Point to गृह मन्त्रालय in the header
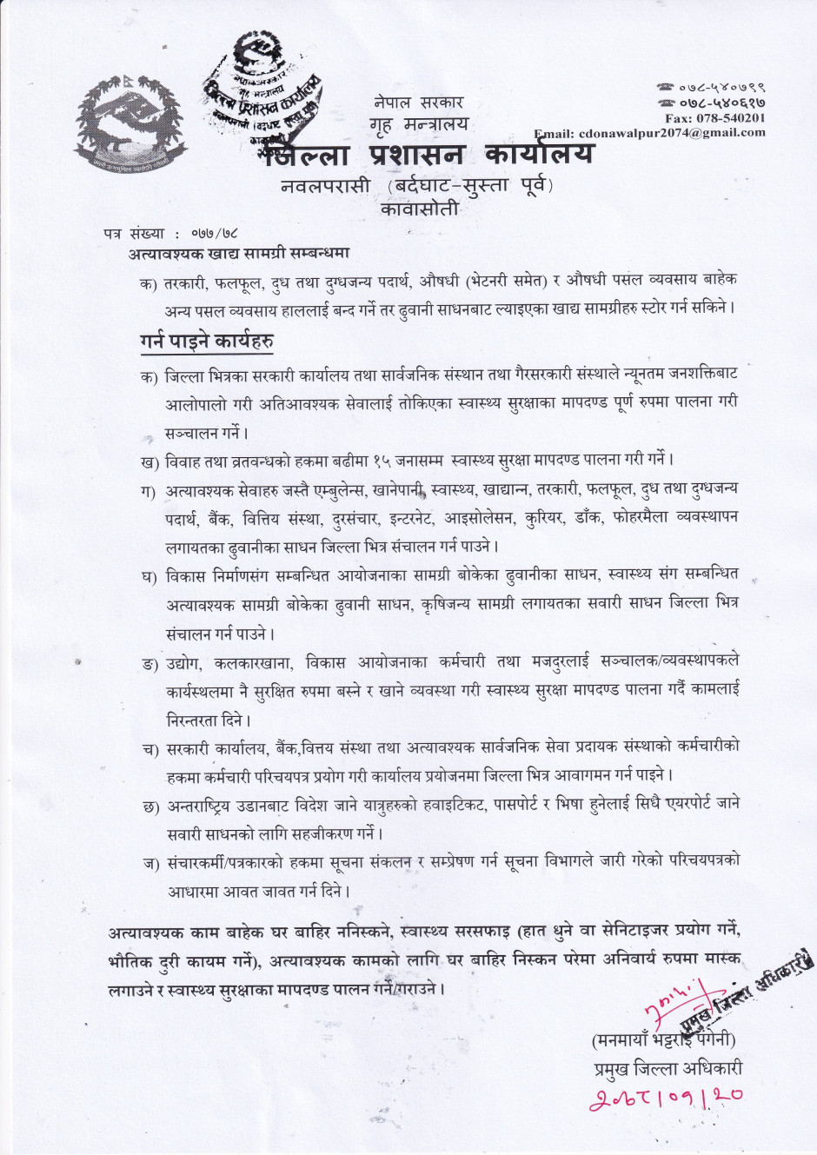pyautogui.click(x=418, y=124)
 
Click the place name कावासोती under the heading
pyautogui.click(x=419, y=209)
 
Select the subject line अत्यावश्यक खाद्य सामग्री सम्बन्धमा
pyautogui.click(x=239, y=254)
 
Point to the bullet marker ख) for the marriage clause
pyautogui.click(x=149, y=459)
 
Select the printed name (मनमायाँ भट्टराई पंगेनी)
pyautogui.click(x=663, y=1039)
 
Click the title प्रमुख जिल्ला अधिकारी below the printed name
pyautogui.click(x=662, y=1069)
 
